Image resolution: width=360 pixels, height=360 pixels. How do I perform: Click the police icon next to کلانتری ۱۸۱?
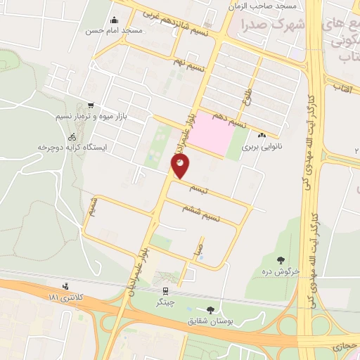pyautogui.click(x=65, y=286)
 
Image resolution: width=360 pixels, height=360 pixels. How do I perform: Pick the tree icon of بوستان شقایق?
pyautogui.click(x=210, y=310)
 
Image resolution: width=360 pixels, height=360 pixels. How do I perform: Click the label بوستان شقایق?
pyautogui.click(x=212, y=321)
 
